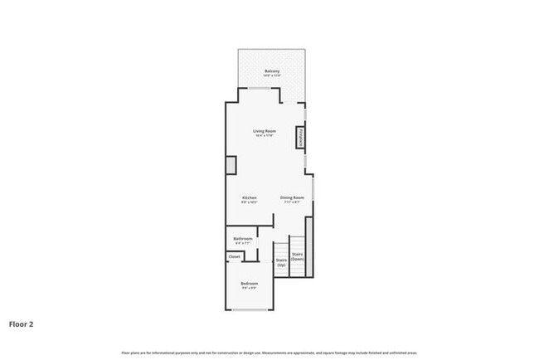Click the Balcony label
pyautogui.click(x=272, y=71)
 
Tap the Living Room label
pyautogui.click(x=265, y=131)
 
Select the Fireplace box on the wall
pyautogui.click(x=299, y=138)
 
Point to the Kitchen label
pyautogui.click(x=249, y=197)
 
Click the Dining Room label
pyautogui.click(x=292, y=197)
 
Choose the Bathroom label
pyautogui.click(x=242, y=238)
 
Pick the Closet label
pyautogui.click(x=235, y=256)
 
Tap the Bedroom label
pyautogui.click(x=250, y=283)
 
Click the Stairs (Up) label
pyautogui.click(x=281, y=261)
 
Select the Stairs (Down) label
pyautogui.click(x=298, y=256)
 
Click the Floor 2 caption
pyautogui.click(x=22, y=324)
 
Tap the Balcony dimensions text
pyautogui.click(x=272, y=76)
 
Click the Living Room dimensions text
pyautogui.click(x=265, y=136)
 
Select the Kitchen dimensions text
pyautogui.click(x=249, y=202)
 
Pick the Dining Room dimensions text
pyautogui.click(x=292, y=202)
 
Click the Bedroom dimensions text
pyautogui.click(x=250, y=288)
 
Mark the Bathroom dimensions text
pyautogui.click(x=242, y=243)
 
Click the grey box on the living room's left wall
pyautogui.click(x=231, y=164)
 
